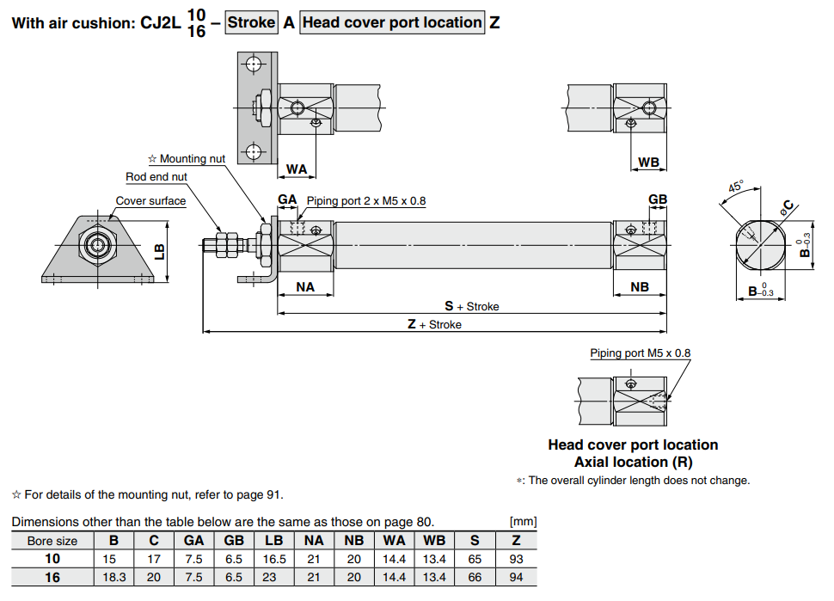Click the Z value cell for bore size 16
click(516, 577)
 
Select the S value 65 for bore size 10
click(475, 559)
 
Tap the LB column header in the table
click(274, 541)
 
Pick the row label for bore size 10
click(52, 559)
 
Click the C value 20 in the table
click(154, 577)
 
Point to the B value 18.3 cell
click(113, 577)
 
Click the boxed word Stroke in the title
click(252, 22)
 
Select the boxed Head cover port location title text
click(392, 22)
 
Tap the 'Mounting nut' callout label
click(187, 159)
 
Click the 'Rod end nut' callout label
click(156, 177)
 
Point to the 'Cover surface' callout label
click(150, 201)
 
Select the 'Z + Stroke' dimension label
click(434, 325)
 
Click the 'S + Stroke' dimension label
click(471, 306)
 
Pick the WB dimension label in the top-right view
click(649, 163)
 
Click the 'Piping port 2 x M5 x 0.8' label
click(366, 201)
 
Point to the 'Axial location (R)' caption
click(633, 462)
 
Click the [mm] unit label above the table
click(523, 522)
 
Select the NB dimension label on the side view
click(640, 287)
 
